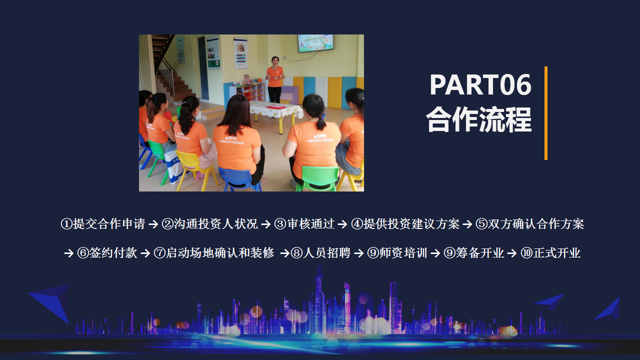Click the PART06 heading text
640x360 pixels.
480,84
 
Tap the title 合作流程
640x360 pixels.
479,119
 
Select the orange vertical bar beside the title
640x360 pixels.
546,113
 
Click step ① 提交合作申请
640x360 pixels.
103,223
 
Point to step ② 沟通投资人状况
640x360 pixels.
210,223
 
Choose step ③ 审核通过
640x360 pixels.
304,223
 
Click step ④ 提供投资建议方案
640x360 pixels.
405,223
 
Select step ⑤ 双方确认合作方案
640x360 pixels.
530,223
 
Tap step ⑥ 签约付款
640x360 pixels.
107,253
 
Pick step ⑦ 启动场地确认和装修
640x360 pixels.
214,253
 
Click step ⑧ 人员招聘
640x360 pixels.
320,253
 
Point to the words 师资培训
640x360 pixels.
403,253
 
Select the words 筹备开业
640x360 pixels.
480,253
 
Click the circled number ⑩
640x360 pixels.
526,253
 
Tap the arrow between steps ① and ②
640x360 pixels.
153,224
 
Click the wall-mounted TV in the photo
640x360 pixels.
315,43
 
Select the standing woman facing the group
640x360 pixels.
275,79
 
